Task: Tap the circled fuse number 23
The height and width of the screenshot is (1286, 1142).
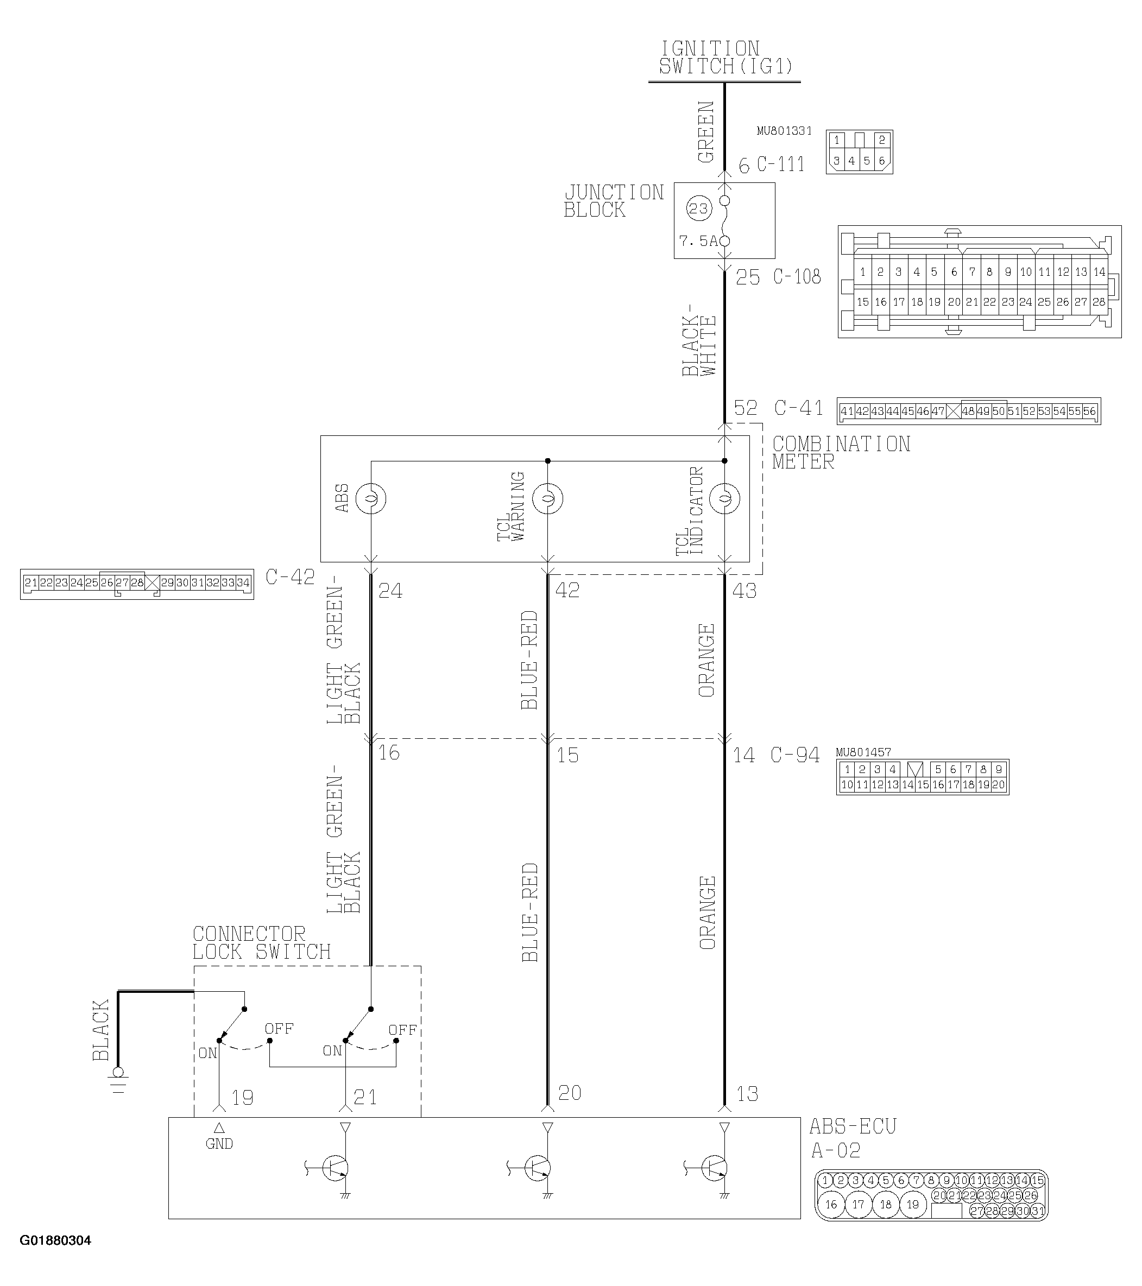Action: coord(698,209)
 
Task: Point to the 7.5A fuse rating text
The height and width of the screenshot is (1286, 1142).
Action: coord(698,241)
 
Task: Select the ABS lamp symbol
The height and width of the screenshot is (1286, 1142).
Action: coord(371,499)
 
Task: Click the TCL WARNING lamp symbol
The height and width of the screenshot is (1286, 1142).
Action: coord(548,499)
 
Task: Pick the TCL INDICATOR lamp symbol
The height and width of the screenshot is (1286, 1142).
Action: coord(724,499)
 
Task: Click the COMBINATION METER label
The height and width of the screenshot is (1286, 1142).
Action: coord(841,453)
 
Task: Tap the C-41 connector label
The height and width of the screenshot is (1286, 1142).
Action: coord(798,408)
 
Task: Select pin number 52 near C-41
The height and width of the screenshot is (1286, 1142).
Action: coord(746,408)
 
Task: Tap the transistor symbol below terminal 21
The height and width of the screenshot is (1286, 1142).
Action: coord(336,1168)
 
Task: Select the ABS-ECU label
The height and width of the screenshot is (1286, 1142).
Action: coord(853,1127)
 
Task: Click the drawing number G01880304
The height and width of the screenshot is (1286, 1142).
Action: coord(55,1241)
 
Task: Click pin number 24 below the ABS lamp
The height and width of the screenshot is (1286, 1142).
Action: coord(390,590)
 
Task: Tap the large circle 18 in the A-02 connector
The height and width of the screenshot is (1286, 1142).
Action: coord(886,1205)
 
